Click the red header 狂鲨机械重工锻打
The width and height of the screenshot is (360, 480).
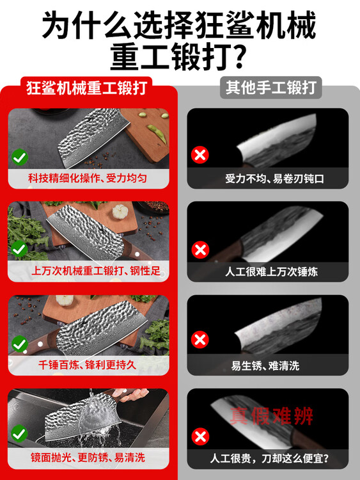pyautogui.click(x=86, y=88)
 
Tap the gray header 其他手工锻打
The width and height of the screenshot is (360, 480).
pyautogui.click(x=271, y=88)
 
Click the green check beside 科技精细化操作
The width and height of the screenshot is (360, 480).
pyautogui.click(x=20, y=157)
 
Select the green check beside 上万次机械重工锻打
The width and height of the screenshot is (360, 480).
pyautogui.click(x=20, y=249)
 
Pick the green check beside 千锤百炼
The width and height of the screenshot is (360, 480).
pyautogui.click(x=20, y=344)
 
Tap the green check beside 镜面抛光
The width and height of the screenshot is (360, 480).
pyautogui.click(x=20, y=433)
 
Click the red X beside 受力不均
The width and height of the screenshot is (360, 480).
pyautogui.click(x=200, y=155)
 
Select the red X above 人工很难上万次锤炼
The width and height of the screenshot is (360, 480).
pyautogui.click(x=200, y=250)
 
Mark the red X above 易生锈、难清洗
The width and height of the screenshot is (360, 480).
pyautogui.click(x=200, y=340)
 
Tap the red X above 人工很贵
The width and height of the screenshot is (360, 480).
pyautogui.click(x=200, y=436)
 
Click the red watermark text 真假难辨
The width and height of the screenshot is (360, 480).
pyautogui.click(x=271, y=416)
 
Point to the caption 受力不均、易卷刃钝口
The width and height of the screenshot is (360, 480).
pyautogui.click(x=274, y=179)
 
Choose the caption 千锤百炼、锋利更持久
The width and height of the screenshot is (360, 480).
pyautogui.click(x=87, y=365)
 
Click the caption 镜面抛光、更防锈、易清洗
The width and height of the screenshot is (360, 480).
pyautogui.click(x=88, y=458)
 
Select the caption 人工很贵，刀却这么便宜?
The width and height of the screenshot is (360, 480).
pyautogui.click(x=269, y=458)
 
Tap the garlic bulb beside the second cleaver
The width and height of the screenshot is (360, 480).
pyautogui.click(x=120, y=212)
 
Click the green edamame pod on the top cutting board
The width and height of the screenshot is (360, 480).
pyautogui.click(x=157, y=133)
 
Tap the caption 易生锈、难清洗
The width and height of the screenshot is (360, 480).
pyautogui.click(x=265, y=365)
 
